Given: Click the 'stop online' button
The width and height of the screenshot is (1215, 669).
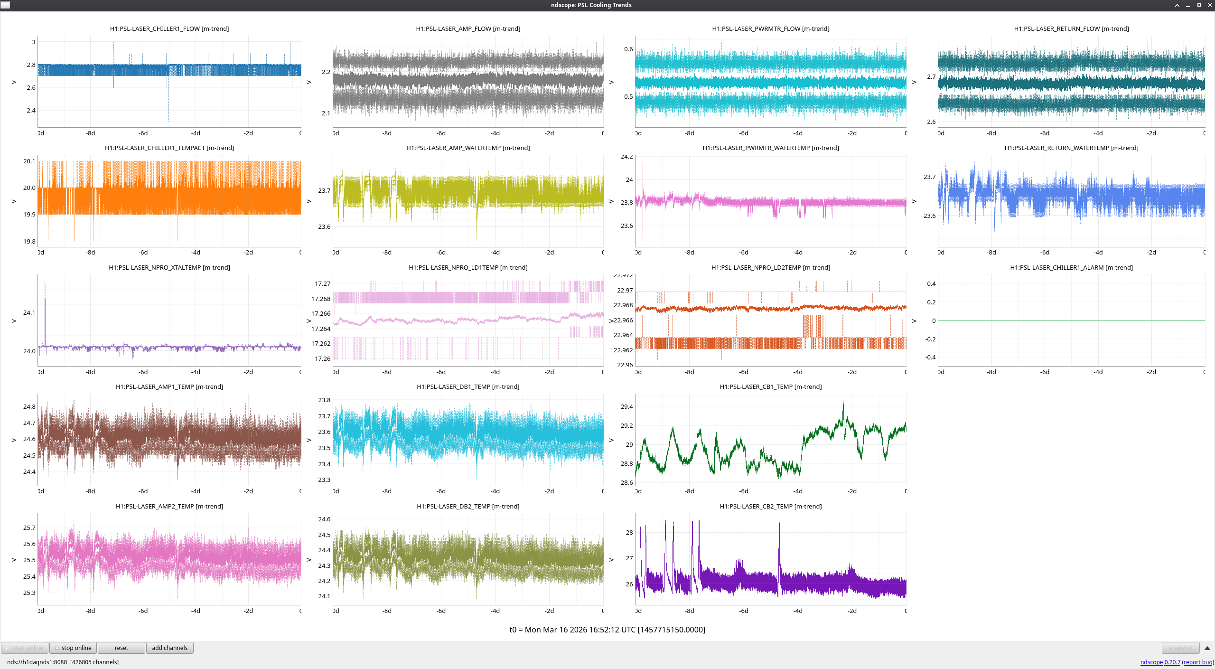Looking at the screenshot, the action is coord(73,648).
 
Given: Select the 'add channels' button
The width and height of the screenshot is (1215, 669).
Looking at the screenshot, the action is coord(169,648).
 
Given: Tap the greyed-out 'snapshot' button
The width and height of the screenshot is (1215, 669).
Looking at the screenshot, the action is coord(1180,648).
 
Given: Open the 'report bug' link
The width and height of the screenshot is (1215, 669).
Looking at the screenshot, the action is coord(1198,662).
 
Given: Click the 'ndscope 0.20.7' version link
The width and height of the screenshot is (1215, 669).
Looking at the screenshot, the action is coord(1160,662).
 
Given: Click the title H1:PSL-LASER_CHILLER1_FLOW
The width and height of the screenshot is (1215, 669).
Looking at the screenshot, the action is coord(169,29).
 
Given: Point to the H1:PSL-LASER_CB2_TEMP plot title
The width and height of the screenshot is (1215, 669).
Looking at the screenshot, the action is coord(771,507).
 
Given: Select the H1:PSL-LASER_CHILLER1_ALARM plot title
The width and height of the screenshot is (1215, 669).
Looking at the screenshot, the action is coord(1071,268).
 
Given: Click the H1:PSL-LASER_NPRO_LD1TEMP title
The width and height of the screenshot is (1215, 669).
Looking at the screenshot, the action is coord(468,268).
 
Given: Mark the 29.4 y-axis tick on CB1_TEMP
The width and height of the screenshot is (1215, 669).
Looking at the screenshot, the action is coord(626,407).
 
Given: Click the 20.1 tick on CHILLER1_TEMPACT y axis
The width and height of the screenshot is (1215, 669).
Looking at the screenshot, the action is coord(29,161).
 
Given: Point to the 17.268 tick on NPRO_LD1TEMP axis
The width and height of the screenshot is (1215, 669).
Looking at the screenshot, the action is coord(321,299).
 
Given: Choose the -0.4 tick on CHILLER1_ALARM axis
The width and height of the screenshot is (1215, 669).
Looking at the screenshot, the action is coord(930,358).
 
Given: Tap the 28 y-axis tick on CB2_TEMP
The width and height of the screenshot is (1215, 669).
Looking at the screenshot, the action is coord(629,533).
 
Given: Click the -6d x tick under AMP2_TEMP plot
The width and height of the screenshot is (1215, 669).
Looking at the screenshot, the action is coord(143,611).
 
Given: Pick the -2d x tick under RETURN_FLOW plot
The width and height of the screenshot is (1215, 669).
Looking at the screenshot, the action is coord(1151,133).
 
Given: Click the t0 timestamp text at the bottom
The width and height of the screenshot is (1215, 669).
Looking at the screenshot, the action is coord(607,630).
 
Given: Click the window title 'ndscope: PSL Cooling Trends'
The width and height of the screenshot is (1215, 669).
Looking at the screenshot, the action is coord(591,5).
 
